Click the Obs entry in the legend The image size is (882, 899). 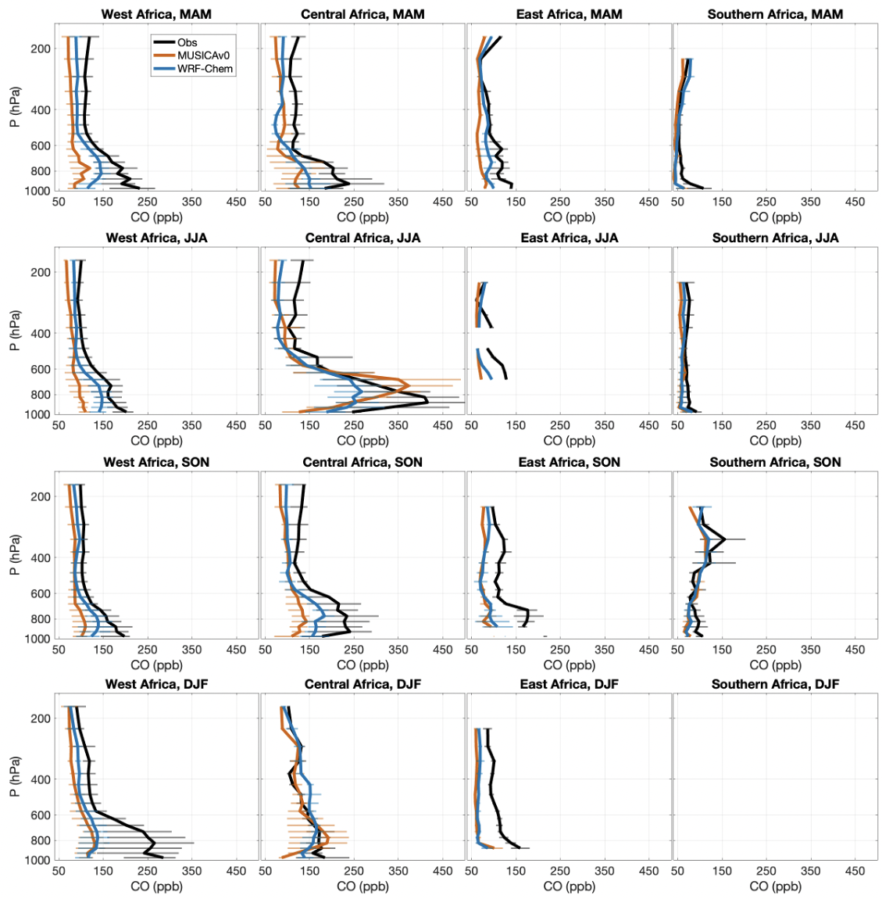[187, 43]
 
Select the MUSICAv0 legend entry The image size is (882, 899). [203, 56]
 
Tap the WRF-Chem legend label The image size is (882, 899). [205, 69]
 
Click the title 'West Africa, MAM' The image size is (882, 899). [156, 14]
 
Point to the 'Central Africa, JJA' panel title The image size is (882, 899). [362, 238]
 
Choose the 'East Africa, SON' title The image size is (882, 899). [569, 462]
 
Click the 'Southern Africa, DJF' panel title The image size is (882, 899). [775, 684]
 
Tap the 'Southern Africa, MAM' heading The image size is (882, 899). [775, 14]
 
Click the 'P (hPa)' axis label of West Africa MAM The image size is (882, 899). [14, 109]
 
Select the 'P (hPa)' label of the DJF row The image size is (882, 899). [14, 779]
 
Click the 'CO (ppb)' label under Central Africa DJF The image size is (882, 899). [362, 886]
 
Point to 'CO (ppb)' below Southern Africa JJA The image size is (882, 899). [775, 440]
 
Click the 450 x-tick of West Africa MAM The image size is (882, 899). [236, 202]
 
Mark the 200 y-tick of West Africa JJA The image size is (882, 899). [41, 273]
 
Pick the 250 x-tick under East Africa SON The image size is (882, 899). [559, 650]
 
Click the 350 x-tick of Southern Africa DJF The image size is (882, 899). [811, 871]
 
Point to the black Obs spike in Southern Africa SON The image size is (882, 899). [724, 539]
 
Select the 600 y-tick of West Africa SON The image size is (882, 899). [41, 593]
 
